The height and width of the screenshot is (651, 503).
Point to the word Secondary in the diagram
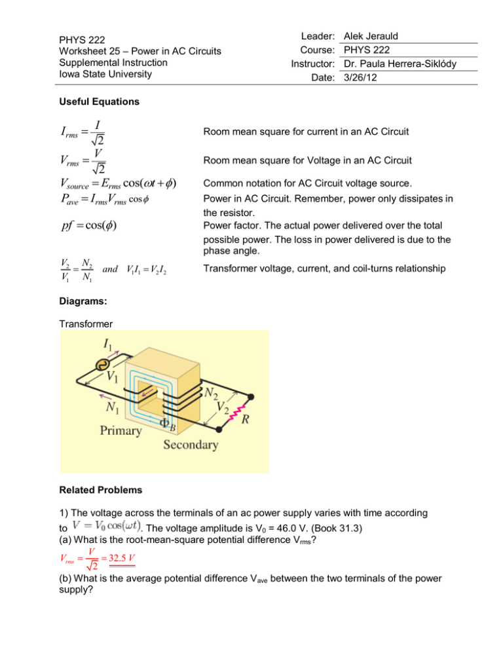(x=191, y=446)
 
